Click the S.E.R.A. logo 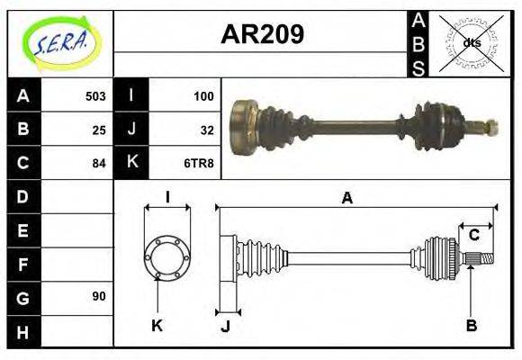point(59,43)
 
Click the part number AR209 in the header point(262,34)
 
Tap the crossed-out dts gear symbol point(470,43)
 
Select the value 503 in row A point(95,96)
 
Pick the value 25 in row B point(99,130)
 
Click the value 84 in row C point(99,163)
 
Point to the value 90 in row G point(99,296)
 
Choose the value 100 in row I point(203,96)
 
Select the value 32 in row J point(206,130)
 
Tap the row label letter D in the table point(23,196)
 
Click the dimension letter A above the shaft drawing point(346,198)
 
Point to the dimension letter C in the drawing point(473,236)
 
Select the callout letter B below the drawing point(471,325)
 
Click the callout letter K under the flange point(157,325)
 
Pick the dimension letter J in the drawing point(225,327)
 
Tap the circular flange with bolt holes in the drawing point(167,257)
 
